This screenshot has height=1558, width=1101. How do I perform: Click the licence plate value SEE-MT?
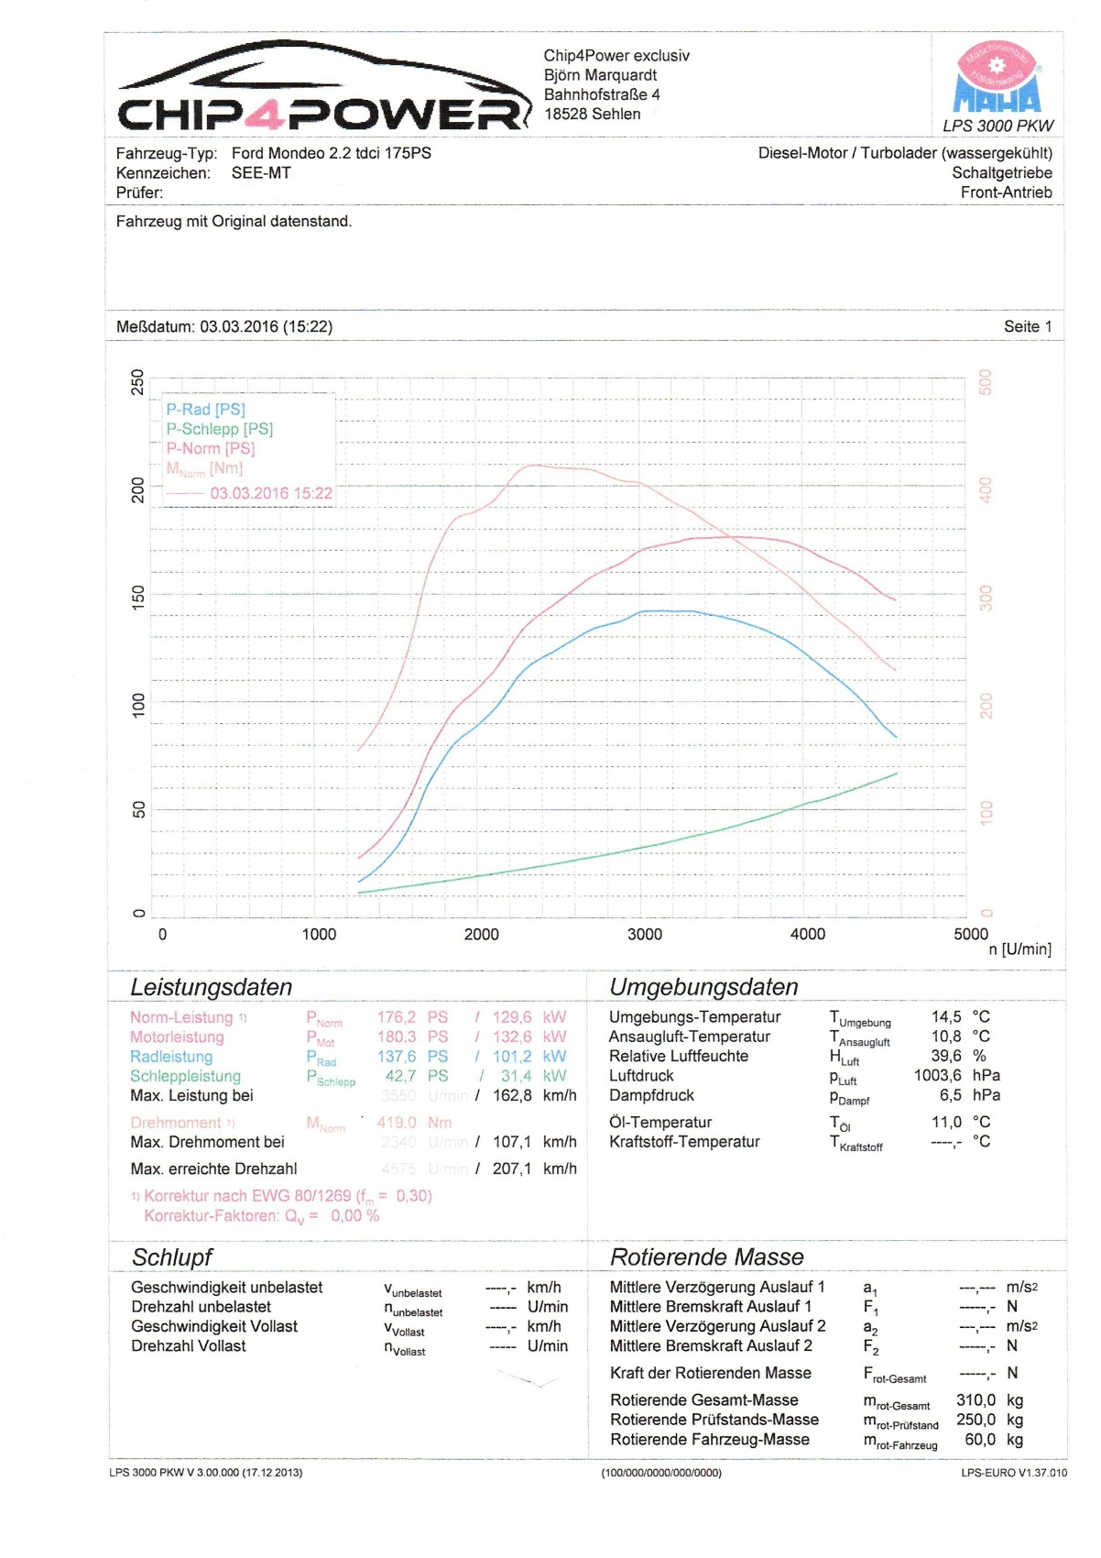pos(261,173)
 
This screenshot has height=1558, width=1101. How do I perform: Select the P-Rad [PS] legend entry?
pos(205,410)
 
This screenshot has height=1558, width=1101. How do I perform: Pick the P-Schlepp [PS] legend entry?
pos(219,429)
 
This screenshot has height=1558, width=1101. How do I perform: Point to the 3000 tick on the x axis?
pos(644,934)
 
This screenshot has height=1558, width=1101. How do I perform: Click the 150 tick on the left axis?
pos(138,598)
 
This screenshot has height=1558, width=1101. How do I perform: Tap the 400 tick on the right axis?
pos(986,489)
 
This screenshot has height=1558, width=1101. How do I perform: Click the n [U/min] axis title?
pos(1019,949)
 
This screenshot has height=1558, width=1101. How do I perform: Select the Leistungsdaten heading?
pos(211,987)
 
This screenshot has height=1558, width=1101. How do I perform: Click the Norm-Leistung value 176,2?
pos(396,1017)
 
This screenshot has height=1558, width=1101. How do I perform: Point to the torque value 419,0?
pos(396,1123)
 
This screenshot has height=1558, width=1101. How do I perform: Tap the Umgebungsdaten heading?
pos(703,987)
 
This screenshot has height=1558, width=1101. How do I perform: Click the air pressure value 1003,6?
pos(937,1076)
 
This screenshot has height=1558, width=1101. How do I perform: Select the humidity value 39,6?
pos(945,1056)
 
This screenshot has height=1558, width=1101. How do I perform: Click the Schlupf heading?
pos(172,1257)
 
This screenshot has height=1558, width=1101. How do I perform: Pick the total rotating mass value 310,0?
pos(976,1400)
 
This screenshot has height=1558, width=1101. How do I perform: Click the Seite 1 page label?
pos(1027,327)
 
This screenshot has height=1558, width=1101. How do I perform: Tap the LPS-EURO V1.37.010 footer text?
pos(1013,1473)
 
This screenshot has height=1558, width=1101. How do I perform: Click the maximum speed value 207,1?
pos(511,1169)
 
